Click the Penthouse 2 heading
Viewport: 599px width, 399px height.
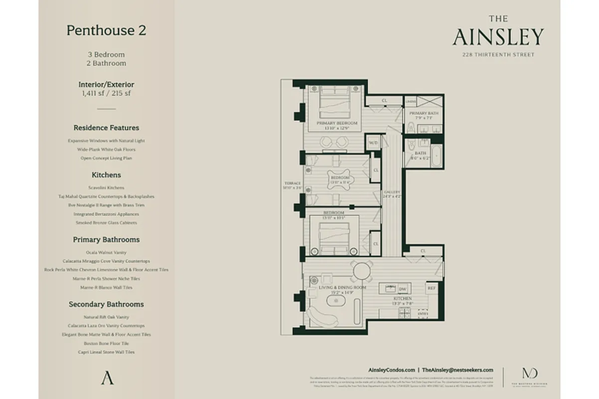click(x=106, y=30)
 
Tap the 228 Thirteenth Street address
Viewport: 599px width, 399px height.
click(x=498, y=55)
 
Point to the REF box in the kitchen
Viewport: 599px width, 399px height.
click(x=432, y=288)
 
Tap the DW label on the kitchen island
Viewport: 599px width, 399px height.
click(x=403, y=289)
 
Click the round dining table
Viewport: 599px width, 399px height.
click(x=361, y=271)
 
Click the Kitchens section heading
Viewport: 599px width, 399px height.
click(x=106, y=175)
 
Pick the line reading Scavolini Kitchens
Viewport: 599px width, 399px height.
click(x=106, y=188)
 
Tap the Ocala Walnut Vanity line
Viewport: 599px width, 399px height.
click(x=106, y=252)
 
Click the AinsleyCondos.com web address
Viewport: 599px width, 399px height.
click(x=391, y=370)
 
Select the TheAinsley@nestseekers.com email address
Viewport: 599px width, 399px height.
click(x=457, y=370)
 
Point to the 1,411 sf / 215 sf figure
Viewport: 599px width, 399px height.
click(x=106, y=93)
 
